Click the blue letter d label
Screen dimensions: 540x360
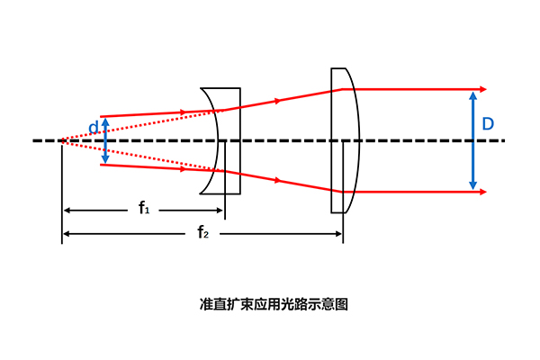pyautogui.click(x=94, y=127)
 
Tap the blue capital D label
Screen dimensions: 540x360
pyautogui.click(x=488, y=123)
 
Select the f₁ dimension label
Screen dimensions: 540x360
pyautogui.click(x=144, y=208)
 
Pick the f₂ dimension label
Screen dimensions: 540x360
pyautogui.click(x=203, y=232)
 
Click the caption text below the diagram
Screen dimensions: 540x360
pyautogui.click(x=274, y=304)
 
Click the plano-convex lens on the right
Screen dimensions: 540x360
pyautogui.click(x=345, y=140)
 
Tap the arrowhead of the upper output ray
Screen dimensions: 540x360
pyautogui.click(x=483, y=89)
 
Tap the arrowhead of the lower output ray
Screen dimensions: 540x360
pyautogui.click(x=483, y=192)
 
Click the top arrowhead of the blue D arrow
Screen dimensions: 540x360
pyautogui.click(x=473, y=95)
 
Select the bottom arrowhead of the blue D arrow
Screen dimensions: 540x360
pyautogui.click(x=473, y=185)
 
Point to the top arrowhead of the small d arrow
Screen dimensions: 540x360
pyautogui.click(x=105, y=121)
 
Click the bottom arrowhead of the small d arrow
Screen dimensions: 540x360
pyautogui.click(x=105, y=159)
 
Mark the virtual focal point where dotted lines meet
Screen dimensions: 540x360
pyautogui.click(x=62, y=140)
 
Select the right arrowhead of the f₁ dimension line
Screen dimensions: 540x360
pyautogui.click(x=219, y=210)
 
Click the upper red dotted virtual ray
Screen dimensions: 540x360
pyautogui.click(x=143, y=125)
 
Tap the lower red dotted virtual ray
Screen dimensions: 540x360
pyautogui.click(x=143, y=156)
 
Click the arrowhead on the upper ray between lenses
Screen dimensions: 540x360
pyautogui.click(x=278, y=101)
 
